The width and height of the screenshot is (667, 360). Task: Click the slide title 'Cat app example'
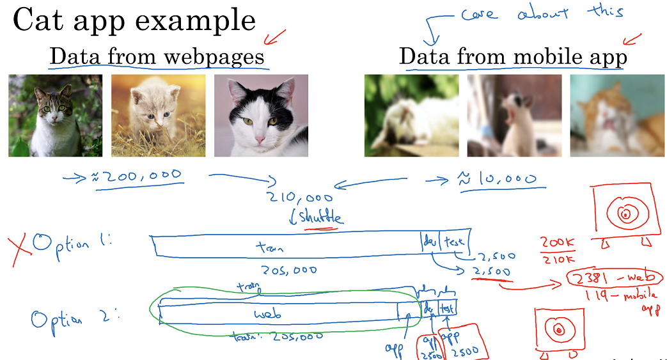(134, 21)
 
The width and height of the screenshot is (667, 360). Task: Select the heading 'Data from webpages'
(157, 57)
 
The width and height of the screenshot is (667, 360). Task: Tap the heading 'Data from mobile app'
(513, 57)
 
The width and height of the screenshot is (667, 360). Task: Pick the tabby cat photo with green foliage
(55, 116)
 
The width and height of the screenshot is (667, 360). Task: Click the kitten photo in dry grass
(158, 116)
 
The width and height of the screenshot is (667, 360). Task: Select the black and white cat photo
(261, 116)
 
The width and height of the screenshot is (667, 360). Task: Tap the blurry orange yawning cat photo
(617, 116)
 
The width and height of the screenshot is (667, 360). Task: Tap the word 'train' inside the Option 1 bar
(269, 247)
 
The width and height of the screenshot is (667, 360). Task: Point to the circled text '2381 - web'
(615, 278)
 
